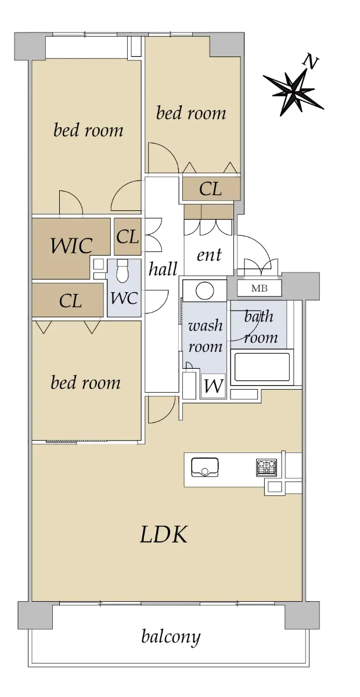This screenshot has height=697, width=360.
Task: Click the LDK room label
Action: click(164, 534)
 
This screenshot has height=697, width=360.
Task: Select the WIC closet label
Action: click(71, 246)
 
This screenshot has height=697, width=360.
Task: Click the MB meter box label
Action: click(259, 289)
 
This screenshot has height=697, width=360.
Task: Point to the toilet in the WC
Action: click(123, 271)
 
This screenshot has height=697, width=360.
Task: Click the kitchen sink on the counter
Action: click(204, 467)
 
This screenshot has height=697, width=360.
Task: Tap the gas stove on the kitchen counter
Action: click(267, 468)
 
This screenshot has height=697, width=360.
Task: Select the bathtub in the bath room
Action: click(262, 367)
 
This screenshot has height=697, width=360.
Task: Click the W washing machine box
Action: click(214, 386)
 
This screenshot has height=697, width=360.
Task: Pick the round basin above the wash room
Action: click(205, 290)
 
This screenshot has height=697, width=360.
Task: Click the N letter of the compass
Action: click(310, 62)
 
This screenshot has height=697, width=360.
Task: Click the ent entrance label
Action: click(209, 254)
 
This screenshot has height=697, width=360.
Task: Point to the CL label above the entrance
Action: click(211, 189)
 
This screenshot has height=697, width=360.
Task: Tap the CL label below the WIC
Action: click(70, 301)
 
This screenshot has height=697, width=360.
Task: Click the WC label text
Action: click(124, 299)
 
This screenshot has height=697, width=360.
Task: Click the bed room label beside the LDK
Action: click(85, 382)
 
